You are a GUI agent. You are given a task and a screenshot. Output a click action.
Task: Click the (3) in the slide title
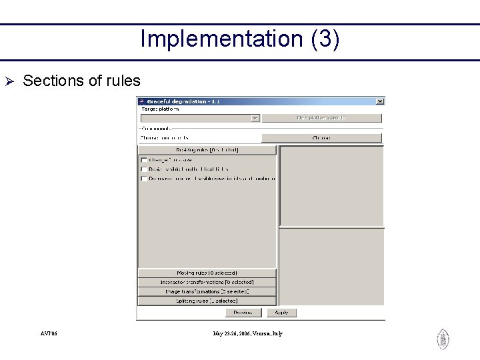click(325, 39)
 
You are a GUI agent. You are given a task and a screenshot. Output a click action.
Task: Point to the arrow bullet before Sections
click(9, 81)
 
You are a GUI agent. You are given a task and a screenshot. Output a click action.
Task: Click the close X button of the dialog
click(380, 101)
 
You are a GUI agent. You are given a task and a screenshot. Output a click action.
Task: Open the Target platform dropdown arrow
click(255, 118)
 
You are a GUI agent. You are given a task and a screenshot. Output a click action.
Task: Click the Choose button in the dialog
click(321, 138)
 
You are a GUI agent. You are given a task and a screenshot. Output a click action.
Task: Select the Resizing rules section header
click(207, 150)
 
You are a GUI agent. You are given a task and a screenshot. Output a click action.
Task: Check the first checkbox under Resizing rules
click(144, 160)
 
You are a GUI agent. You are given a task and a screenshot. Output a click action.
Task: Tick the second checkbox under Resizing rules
click(144, 169)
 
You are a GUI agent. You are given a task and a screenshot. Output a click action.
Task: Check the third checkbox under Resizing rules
click(144, 179)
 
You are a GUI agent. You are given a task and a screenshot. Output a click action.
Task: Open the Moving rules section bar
click(207, 273)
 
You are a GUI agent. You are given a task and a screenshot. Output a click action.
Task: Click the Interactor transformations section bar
click(207, 282)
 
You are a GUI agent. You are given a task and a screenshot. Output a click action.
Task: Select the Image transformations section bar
click(207, 291)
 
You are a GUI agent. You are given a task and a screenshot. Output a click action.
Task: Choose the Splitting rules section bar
click(207, 301)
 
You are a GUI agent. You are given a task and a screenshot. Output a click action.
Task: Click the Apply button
click(281, 312)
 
